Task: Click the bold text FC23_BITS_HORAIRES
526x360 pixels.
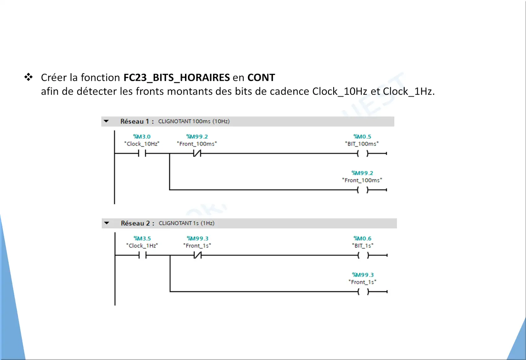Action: tap(177, 78)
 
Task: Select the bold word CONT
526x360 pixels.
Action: tap(261, 78)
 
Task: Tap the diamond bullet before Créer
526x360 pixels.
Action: tap(28, 77)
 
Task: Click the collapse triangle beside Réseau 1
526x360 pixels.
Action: tap(106, 121)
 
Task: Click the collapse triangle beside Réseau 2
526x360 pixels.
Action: tap(107, 223)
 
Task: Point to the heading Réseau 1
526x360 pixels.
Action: tap(137, 121)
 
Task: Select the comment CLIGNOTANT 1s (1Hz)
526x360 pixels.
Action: tap(187, 223)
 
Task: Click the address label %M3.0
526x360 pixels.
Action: tap(142, 136)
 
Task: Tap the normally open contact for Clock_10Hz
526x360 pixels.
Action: tap(142, 153)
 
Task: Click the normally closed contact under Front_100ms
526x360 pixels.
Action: tap(197, 153)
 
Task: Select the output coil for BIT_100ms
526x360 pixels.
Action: tap(363, 153)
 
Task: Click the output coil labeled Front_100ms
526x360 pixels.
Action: tap(363, 190)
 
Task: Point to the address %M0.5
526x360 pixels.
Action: tap(362, 136)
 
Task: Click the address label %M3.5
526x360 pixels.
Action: tap(142, 238)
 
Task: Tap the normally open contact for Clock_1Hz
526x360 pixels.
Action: tap(143, 255)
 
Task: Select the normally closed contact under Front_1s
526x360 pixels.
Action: tap(198, 255)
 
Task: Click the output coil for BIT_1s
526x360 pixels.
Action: tap(363, 255)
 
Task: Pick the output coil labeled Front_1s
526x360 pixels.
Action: tap(363, 292)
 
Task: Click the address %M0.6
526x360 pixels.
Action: tap(363, 238)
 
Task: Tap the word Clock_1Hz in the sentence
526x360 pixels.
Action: tap(408, 91)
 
